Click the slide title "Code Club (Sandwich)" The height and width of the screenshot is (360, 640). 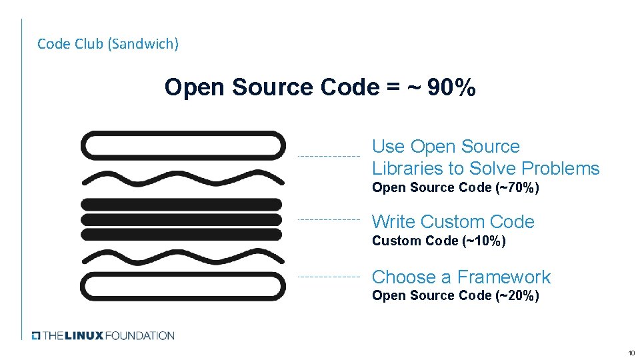click(108, 44)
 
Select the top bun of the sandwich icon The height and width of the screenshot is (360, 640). click(182, 145)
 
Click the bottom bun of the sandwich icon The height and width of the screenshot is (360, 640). click(182, 287)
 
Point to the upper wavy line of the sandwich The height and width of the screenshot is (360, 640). click(182, 178)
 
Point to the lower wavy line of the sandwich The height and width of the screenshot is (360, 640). click(182, 255)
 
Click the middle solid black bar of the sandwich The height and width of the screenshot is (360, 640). click(182, 219)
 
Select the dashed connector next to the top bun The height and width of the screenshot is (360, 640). click(328, 156)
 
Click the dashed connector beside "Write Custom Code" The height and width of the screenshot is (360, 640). click(328, 219)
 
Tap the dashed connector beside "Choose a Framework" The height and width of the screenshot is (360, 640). click(328, 276)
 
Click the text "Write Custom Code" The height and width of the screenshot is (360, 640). click(453, 222)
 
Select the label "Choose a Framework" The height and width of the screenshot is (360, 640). click(461, 277)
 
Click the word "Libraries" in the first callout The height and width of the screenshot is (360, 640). click(409, 169)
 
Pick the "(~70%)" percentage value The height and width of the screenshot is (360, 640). click(517, 188)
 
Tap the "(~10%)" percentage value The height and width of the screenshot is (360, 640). click(483, 241)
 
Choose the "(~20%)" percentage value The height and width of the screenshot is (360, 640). click(517, 296)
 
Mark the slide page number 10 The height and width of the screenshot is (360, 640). click(630, 352)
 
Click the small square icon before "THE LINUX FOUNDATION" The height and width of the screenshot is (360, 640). click(37, 335)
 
